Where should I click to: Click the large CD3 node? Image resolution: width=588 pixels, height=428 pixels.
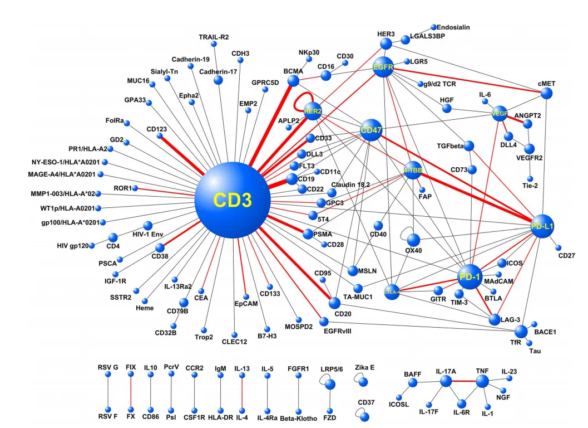coord(232,201)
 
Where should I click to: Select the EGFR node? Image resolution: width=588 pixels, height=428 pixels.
coord(384,67)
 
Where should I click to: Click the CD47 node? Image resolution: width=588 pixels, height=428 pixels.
coord(370,130)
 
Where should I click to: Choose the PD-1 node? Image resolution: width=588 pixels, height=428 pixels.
coord(469,277)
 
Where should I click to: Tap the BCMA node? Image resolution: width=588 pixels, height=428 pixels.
coord(293,81)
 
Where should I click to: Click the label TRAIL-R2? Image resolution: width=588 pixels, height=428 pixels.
coord(214,37)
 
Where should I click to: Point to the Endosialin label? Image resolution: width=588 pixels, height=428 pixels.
coord(453,26)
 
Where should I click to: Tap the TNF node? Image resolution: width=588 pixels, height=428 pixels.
coord(482,381)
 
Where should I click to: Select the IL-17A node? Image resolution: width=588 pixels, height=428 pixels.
coord(446,381)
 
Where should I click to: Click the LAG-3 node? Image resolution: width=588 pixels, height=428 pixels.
coord(495,319)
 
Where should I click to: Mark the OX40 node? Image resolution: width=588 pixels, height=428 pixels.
coord(413,240)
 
